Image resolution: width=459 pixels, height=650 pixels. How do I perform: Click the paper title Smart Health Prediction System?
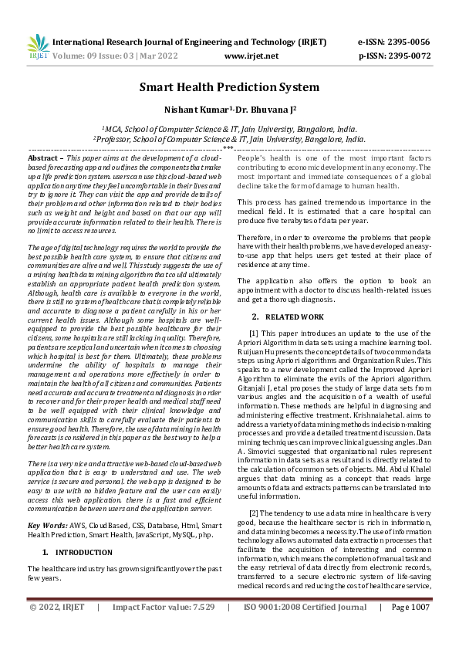[x=229, y=86]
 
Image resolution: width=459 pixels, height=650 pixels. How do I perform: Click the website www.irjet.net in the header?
[x=251, y=56]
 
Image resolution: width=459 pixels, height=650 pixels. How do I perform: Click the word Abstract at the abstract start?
[x=42, y=157]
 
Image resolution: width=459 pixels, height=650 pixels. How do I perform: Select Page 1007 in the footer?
[x=410, y=629]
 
